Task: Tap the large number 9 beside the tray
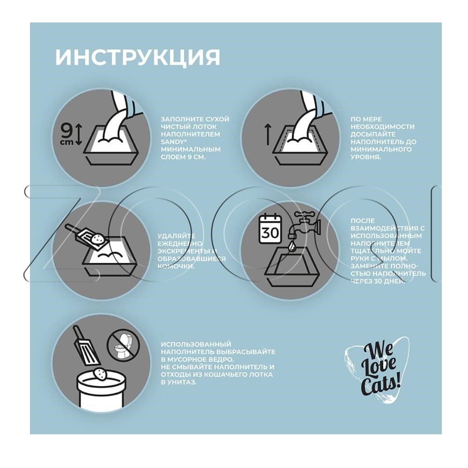coord(66,131)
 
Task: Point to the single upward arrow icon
coord(268,135)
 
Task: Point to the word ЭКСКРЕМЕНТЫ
coord(184,251)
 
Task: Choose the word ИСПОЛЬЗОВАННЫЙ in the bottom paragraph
coord(196,344)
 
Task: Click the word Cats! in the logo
coord(380,386)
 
